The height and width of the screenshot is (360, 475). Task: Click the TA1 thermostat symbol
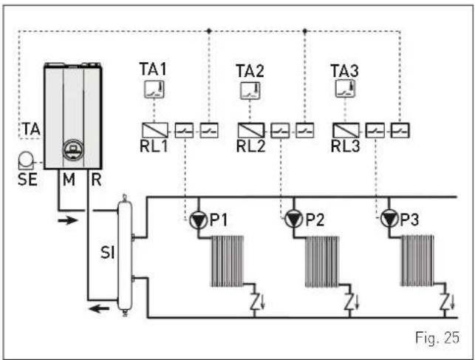point(154,89)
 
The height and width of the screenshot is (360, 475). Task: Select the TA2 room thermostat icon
point(250,91)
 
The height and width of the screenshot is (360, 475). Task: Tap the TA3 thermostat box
point(345,89)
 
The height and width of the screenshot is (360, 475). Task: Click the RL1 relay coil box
point(155,130)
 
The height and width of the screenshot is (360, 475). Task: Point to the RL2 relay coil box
point(251,130)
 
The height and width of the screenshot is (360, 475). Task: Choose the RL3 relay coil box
point(346,130)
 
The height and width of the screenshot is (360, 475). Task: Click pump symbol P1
point(199,220)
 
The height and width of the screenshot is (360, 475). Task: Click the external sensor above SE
point(26,160)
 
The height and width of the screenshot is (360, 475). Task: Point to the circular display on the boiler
point(73,150)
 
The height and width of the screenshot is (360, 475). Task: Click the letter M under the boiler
point(69,180)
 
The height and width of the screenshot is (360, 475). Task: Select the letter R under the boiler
point(96,180)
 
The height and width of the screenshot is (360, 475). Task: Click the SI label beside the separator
point(108,252)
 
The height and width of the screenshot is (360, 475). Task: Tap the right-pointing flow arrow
point(68,220)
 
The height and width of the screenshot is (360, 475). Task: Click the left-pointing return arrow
point(99,309)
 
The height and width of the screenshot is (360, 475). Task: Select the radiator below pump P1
point(228,261)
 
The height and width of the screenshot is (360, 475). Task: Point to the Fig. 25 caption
point(437,338)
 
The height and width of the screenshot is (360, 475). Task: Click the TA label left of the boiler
point(32,129)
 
